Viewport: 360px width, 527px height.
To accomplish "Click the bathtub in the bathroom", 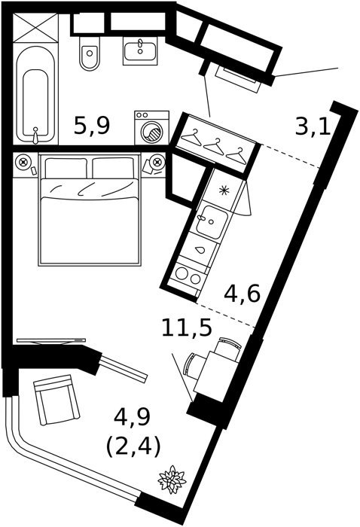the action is pyautogui.click(x=35, y=95).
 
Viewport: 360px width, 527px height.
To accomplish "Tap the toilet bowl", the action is pyautogui.click(x=90, y=53).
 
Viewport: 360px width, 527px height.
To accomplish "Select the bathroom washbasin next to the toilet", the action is pyautogui.click(x=140, y=50).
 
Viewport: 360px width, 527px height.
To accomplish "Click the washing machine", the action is pyautogui.click(x=151, y=128).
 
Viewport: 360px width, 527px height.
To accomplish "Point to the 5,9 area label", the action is pyautogui.click(x=92, y=126).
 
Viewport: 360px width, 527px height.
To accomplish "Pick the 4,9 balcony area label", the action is pyautogui.click(x=132, y=418).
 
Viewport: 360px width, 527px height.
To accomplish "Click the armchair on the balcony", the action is pyautogui.click(x=56, y=400).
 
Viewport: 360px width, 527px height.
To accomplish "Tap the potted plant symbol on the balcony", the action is pyautogui.click(x=172, y=480).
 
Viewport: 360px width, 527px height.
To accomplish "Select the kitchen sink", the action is pyautogui.click(x=212, y=222).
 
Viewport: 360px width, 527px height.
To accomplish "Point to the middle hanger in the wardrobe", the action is pyautogui.click(x=214, y=148).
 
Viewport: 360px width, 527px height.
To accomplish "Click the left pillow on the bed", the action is pyautogui.click(x=66, y=168).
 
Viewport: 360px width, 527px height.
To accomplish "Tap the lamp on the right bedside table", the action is pyautogui.click(x=157, y=163).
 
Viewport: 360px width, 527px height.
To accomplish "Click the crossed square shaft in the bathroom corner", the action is pyautogui.click(x=35, y=28).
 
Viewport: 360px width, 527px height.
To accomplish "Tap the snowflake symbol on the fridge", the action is pyautogui.click(x=223, y=190).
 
